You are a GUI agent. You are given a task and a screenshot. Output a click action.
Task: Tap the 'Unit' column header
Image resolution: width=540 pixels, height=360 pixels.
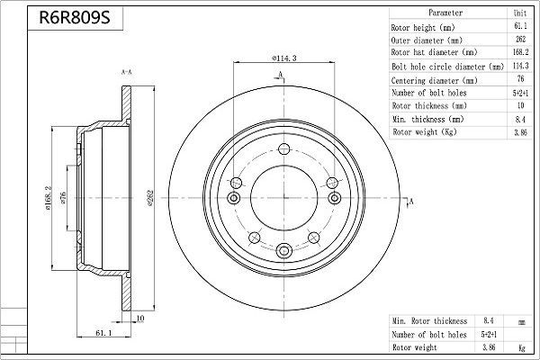click(520, 14)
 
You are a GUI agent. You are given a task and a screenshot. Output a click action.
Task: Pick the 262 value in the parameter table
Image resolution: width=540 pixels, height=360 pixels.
click(520, 40)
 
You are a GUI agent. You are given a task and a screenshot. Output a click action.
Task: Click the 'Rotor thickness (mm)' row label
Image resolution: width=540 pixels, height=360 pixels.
click(428, 106)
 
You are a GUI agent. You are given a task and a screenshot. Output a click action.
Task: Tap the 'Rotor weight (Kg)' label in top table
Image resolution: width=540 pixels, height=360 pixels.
click(424, 132)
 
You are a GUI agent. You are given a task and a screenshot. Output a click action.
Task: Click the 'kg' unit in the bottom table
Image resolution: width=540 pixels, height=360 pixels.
click(520, 346)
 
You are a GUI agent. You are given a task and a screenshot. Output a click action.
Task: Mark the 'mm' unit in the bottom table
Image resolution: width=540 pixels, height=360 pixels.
click(520, 320)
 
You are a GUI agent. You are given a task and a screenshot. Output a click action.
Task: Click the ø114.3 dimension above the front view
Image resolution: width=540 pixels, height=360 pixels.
click(285, 60)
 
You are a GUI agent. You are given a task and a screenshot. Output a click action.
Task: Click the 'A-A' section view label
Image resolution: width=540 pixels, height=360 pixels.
click(127, 72)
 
